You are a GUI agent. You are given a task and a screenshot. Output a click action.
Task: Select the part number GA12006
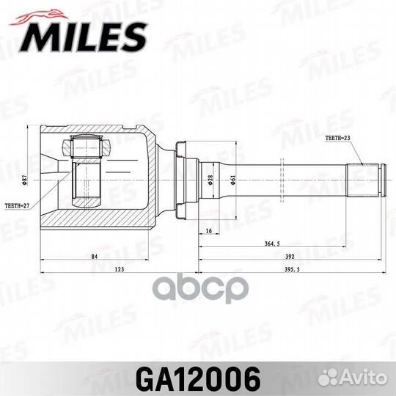[198, 378]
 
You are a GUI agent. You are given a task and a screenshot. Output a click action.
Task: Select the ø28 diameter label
[210, 180]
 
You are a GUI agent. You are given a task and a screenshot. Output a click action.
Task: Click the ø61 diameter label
[232, 180]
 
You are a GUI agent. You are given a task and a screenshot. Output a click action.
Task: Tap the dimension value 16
[208, 230]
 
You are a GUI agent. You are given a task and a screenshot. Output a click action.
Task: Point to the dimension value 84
[96, 257]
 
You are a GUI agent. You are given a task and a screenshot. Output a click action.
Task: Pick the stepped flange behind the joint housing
[183, 179]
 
